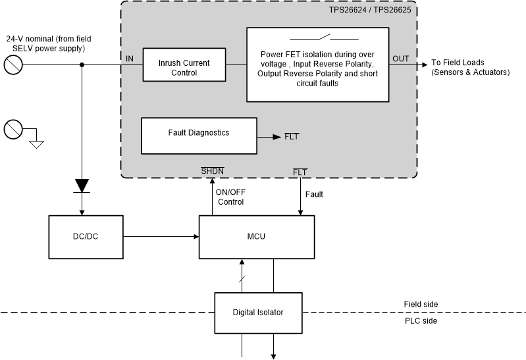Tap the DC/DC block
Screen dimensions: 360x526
86,237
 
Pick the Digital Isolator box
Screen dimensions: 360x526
258,312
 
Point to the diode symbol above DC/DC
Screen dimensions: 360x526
82,185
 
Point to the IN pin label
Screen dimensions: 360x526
130,59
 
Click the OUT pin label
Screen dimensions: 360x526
400,59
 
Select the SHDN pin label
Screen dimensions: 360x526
212,172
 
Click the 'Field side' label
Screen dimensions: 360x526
420,304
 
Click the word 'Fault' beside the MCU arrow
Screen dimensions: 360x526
314,195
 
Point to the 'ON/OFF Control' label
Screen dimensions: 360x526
230,197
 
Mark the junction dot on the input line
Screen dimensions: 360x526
82,64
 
